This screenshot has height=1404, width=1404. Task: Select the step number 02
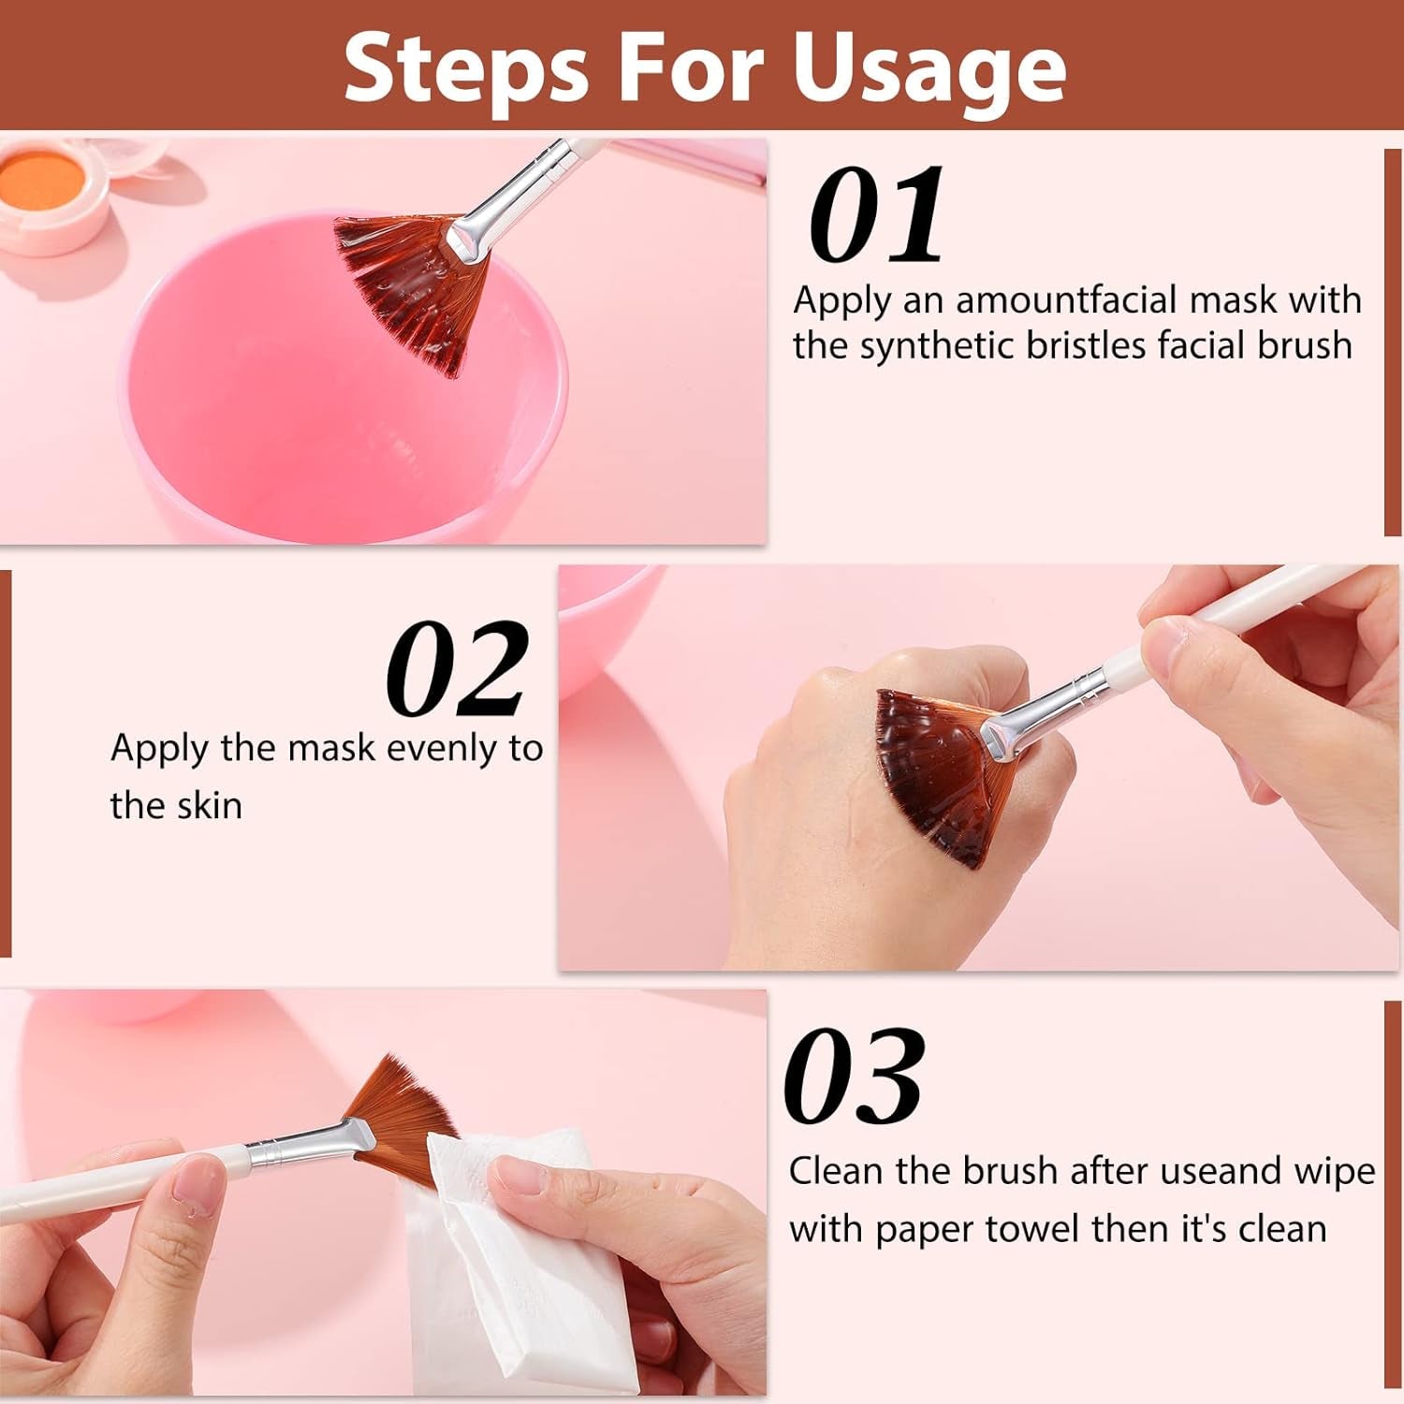(x=457, y=670)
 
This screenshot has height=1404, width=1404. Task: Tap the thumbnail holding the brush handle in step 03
(x=198, y=1185)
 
